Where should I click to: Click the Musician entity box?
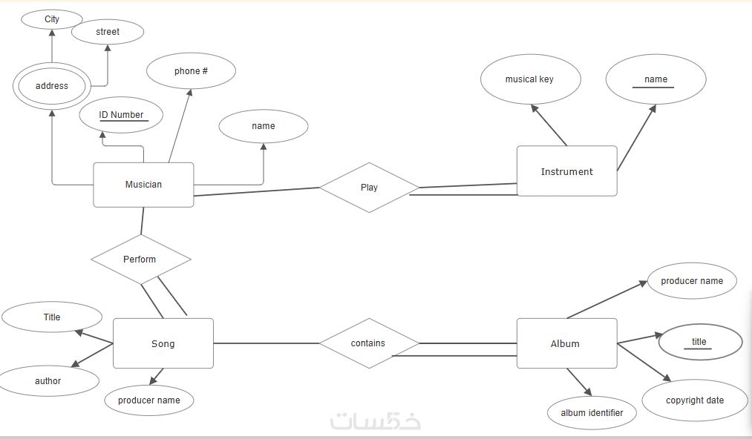pyautogui.click(x=143, y=185)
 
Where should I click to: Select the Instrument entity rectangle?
pyautogui.click(x=566, y=171)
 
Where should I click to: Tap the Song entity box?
pyautogui.click(x=163, y=343)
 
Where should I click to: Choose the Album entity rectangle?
pyautogui.click(x=566, y=343)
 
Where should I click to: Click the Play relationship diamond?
pyautogui.click(x=369, y=187)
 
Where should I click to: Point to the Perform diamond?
pyautogui.click(x=140, y=260)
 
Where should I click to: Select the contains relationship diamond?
pyautogui.click(x=369, y=343)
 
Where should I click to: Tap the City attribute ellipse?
pyautogui.click(x=52, y=19)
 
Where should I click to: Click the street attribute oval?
pyautogui.click(x=108, y=32)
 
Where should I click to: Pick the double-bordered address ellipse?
pyautogui.click(x=52, y=86)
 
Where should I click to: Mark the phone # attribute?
pyautogui.click(x=191, y=71)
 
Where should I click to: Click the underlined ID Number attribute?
pyautogui.click(x=121, y=115)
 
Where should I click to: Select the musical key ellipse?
pyautogui.click(x=529, y=79)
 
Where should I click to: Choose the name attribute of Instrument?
pyautogui.click(x=655, y=79)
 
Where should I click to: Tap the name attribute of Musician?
pyautogui.click(x=263, y=126)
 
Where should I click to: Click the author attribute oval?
pyautogui.click(x=48, y=381)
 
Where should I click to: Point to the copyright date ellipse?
pyautogui.click(x=695, y=400)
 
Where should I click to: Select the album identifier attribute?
pyautogui.click(x=592, y=413)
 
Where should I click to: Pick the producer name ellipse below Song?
pyautogui.click(x=149, y=400)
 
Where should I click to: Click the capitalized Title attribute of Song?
pyautogui.click(x=52, y=317)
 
